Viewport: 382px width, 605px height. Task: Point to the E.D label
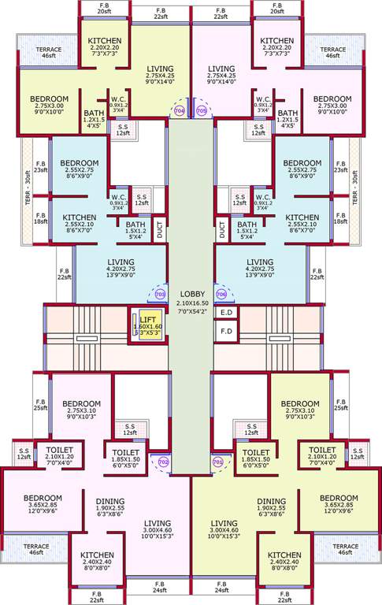[x=226, y=313]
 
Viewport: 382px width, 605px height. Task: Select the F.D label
[x=226, y=331]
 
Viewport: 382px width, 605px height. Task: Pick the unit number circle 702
[x=164, y=462]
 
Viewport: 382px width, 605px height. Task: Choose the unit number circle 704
[x=180, y=111]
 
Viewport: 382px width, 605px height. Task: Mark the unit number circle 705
[x=201, y=111]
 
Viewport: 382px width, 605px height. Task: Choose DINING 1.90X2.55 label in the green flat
[x=271, y=507]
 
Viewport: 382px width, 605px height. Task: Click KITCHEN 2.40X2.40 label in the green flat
[x=284, y=561]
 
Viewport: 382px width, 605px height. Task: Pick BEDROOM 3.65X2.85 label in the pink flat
[x=43, y=503]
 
